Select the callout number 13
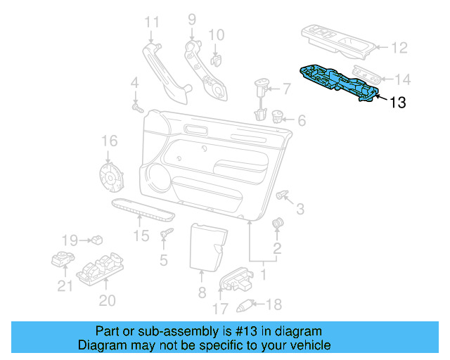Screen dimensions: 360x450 397,103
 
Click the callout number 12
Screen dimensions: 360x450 399,48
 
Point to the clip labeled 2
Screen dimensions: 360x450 276,224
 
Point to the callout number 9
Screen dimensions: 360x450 191,20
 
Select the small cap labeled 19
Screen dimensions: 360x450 95,240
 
